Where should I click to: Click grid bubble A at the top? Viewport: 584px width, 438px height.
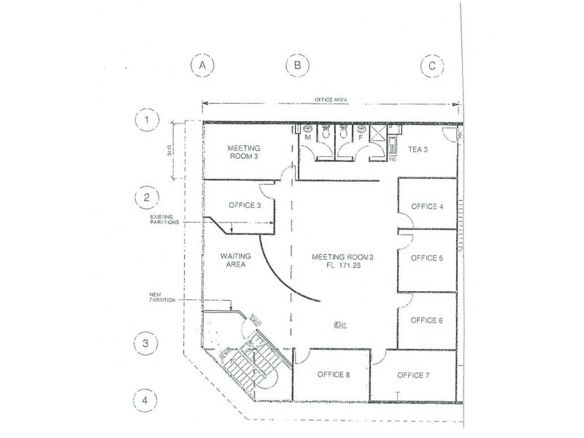(x=202, y=66)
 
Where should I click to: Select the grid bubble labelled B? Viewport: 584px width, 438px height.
(x=297, y=66)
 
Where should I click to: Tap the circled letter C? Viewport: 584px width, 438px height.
(x=432, y=66)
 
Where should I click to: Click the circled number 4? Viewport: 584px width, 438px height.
(x=147, y=400)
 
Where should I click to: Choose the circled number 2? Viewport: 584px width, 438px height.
(x=147, y=197)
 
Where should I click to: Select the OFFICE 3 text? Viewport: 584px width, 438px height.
(x=245, y=206)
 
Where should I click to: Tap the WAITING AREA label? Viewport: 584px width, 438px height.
(x=236, y=261)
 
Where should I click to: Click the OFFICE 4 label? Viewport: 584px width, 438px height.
(x=427, y=207)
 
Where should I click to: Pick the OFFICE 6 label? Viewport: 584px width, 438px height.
(x=427, y=320)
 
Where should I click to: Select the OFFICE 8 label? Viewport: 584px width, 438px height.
(x=334, y=375)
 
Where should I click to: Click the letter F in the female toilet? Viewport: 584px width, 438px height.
(x=360, y=137)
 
